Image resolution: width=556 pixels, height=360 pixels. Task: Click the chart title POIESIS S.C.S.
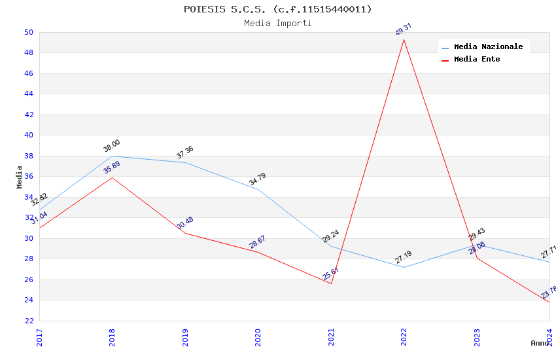[277, 9]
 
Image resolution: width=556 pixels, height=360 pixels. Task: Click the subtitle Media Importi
[277, 23]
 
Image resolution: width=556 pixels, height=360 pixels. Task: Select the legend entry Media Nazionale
[488, 46]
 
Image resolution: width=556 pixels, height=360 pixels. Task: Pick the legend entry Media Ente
[477, 59]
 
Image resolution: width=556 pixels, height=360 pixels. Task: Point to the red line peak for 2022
[404, 39]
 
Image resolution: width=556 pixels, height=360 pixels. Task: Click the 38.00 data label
[112, 146]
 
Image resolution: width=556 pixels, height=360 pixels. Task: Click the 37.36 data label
[185, 153]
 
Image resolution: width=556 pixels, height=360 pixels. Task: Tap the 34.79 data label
[258, 179]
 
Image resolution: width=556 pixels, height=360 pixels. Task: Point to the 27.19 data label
[404, 257]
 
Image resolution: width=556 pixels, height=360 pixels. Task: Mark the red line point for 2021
[331, 283]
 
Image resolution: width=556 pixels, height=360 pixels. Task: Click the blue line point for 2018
[112, 156]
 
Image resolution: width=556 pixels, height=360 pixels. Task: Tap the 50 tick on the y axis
[28, 32]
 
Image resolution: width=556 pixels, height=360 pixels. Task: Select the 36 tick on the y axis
[28, 177]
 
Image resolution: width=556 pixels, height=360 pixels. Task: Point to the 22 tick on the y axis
[28, 321]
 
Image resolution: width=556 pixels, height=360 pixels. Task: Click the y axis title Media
[20, 177]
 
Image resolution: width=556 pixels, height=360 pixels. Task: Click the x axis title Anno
[540, 343]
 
